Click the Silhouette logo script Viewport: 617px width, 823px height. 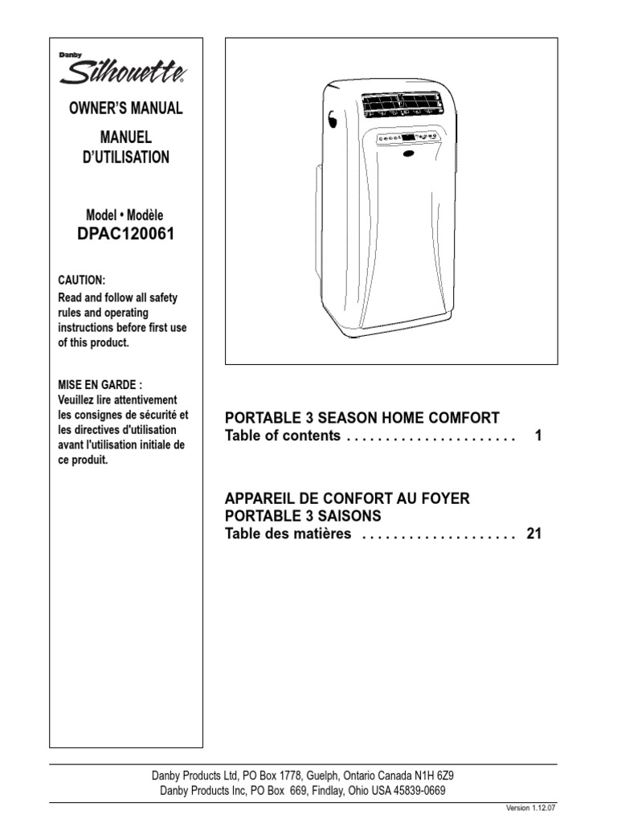[125, 75]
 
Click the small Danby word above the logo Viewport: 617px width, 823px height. [68, 55]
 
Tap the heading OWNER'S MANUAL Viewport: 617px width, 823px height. [125, 108]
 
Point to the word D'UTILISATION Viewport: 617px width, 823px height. [125, 158]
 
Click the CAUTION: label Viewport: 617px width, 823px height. [81, 280]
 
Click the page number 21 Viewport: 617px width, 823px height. [534, 534]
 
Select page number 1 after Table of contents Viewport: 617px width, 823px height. [538, 436]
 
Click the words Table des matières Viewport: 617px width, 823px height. [288, 534]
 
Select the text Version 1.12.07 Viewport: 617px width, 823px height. [531, 807]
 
